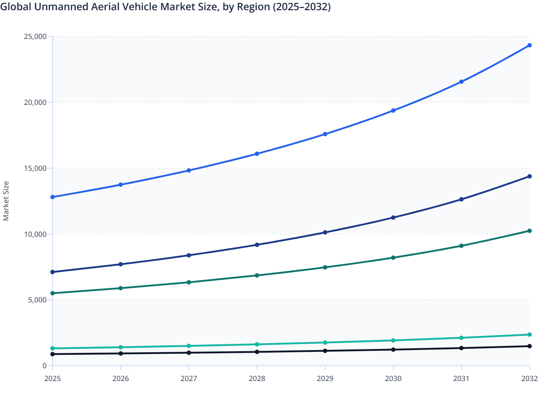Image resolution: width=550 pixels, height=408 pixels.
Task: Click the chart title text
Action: pos(165,7)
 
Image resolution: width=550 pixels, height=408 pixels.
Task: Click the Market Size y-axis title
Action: pos(6,201)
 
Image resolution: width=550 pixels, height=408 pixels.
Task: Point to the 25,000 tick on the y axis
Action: pos(35,36)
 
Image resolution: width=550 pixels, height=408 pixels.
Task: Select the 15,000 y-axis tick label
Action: pos(35,168)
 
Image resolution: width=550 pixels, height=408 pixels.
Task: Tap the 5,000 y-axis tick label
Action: pos(37,300)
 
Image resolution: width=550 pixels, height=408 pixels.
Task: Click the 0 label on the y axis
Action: pos(44,366)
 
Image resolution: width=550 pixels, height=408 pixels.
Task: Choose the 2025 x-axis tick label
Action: pos(53,378)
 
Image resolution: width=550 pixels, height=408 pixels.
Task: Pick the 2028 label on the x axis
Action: pos(257,378)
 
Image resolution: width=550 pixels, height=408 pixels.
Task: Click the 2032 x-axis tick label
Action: pos(529,378)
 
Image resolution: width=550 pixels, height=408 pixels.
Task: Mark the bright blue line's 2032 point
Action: pos(529,45)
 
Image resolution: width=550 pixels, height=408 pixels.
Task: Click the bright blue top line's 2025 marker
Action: pos(53,197)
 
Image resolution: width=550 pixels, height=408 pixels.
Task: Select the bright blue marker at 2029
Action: pos(325,134)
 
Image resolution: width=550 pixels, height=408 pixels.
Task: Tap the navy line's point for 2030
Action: pos(393,217)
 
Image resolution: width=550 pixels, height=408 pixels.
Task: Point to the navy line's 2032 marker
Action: pos(529,176)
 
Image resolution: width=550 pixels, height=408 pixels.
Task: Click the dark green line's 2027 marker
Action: pos(189,282)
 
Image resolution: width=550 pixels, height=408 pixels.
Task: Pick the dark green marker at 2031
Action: pos(461,246)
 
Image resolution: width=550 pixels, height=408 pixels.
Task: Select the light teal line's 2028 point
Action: pos(257,344)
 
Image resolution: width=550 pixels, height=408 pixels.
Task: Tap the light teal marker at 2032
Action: pos(529,334)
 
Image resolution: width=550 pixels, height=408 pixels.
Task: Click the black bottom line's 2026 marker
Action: pos(121,353)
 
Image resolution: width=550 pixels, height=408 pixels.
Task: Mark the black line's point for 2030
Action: pos(393,350)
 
